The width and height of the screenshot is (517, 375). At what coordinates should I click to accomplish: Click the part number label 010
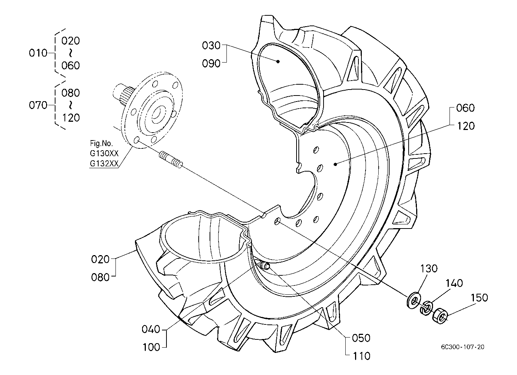click(x=38, y=53)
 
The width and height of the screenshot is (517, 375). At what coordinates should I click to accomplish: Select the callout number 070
click(x=38, y=105)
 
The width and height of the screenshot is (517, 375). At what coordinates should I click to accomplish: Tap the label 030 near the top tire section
click(x=211, y=45)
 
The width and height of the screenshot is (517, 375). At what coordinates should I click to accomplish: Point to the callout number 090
click(x=211, y=63)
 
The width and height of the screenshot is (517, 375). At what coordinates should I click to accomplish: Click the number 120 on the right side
click(x=466, y=126)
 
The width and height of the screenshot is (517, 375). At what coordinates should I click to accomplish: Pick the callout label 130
click(x=429, y=269)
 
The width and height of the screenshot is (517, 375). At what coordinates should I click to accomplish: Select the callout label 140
click(x=454, y=283)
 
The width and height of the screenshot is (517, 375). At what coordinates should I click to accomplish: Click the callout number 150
click(x=479, y=298)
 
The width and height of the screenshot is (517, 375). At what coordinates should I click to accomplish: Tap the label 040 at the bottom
click(x=151, y=329)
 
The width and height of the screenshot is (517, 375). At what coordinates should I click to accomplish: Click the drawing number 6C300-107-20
click(x=463, y=347)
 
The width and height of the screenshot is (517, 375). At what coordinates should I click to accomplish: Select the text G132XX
click(x=104, y=163)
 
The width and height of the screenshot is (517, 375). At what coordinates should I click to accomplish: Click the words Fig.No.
click(x=101, y=143)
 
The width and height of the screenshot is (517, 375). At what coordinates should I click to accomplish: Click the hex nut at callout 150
click(x=440, y=315)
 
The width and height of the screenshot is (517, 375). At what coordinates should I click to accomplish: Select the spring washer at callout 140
click(x=426, y=308)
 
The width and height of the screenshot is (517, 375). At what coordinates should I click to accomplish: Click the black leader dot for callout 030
click(x=278, y=61)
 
